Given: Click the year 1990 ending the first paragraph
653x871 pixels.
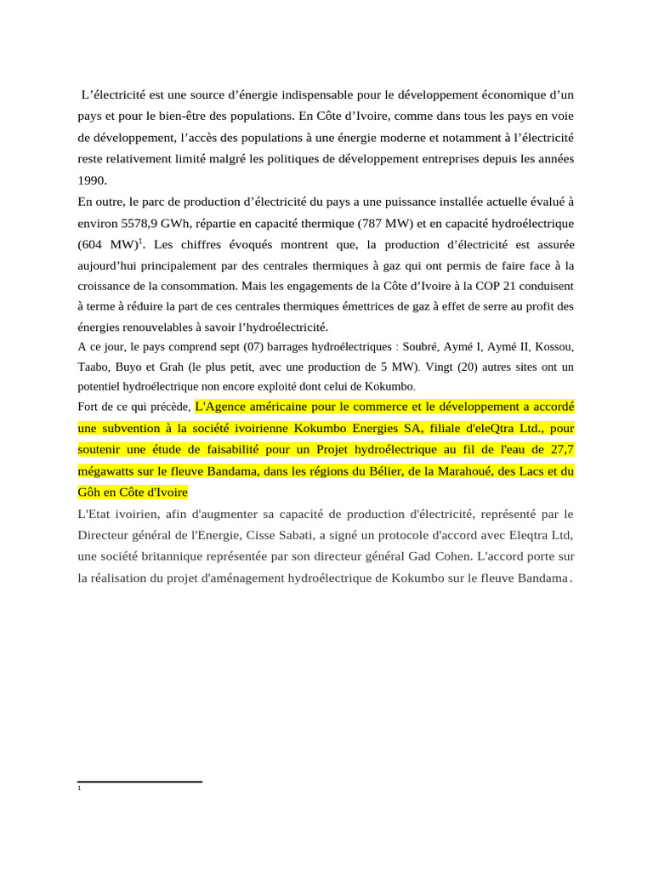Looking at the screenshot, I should pyautogui.click(x=91, y=180).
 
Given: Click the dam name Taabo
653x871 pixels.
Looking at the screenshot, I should pyautogui.click(x=94, y=367).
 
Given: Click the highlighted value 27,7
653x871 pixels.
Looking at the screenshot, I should pyautogui.click(x=558, y=449).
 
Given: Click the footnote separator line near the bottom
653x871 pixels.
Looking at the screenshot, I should pyautogui.click(x=139, y=782).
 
